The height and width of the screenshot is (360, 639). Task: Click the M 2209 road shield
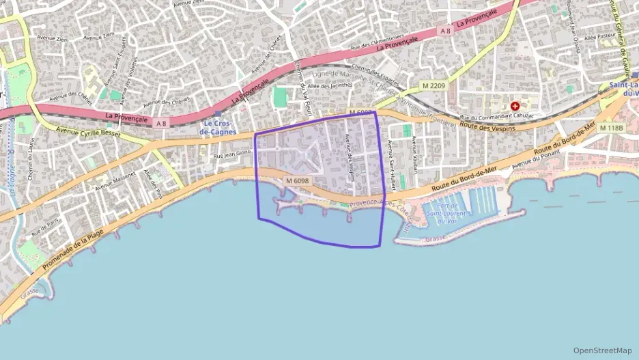433,85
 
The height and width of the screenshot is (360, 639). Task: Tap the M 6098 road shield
298,181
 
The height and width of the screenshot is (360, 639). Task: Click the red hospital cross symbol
515,107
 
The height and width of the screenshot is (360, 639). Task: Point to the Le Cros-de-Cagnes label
218,126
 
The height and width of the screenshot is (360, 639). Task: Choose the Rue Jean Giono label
233,155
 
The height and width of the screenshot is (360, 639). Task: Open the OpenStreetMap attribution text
603,350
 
